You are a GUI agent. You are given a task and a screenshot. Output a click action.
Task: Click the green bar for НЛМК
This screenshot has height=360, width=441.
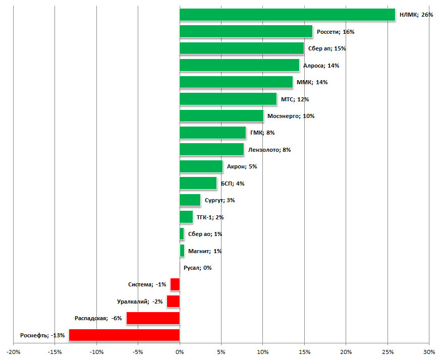click(287, 15)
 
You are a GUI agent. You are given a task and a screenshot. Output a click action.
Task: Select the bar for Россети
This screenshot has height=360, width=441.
click(246, 31)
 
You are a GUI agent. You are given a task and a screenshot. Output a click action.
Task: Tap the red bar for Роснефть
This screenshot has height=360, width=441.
click(124, 335)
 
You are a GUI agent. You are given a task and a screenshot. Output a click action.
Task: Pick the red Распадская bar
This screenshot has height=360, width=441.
click(153, 318)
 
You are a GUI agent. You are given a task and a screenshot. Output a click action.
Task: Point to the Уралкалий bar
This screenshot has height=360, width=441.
click(173, 302)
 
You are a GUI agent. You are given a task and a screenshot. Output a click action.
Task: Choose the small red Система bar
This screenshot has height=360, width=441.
click(175, 284)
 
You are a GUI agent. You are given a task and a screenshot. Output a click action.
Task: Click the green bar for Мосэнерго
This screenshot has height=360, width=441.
click(221, 116)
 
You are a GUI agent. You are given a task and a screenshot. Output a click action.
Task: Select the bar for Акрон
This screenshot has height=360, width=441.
click(201, 166)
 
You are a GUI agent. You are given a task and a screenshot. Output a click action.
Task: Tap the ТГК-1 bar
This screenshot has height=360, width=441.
click(186, 217)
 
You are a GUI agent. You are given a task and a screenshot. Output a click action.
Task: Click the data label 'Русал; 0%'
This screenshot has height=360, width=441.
click(197, 268)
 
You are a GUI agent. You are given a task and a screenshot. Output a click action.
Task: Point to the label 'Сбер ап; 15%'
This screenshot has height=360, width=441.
click(326, 48)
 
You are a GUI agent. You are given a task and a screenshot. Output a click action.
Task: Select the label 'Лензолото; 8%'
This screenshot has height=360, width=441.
click(269, 150)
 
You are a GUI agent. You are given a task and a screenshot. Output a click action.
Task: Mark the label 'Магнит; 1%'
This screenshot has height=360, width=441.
click(205, 251)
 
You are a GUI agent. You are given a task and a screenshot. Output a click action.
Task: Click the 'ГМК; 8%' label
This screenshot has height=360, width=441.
click(262, 133)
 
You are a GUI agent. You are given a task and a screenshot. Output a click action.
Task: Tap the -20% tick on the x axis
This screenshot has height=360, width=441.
click(14, 351)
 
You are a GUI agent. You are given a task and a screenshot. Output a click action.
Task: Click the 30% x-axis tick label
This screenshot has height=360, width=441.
click(428, 351)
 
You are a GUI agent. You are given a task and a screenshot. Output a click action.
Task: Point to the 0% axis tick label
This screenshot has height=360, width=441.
click(180, 351)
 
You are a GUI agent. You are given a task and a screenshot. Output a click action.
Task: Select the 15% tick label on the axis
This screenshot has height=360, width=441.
click(304, 351)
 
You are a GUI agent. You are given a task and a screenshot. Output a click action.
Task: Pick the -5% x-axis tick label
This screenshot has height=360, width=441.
click(138, 351)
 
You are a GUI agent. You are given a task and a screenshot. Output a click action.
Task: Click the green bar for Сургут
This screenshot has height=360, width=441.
click(190, 200)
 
